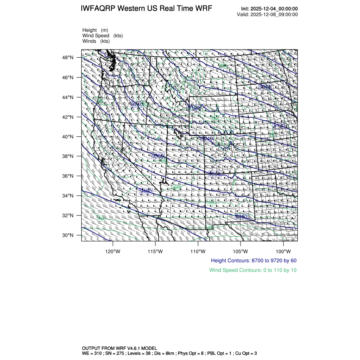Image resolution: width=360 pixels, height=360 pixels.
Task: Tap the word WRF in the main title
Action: (x=204, y=9)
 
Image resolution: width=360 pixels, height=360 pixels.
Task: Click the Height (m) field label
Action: (x=95, y=30)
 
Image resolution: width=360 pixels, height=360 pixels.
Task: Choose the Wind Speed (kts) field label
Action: (x=102, y=36)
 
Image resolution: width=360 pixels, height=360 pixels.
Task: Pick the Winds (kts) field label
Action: (x=96, y=41)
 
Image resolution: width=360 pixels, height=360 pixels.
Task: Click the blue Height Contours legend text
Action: (x=253, y=260)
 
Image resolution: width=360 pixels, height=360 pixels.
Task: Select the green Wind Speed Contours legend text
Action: (x=253, y=270)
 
